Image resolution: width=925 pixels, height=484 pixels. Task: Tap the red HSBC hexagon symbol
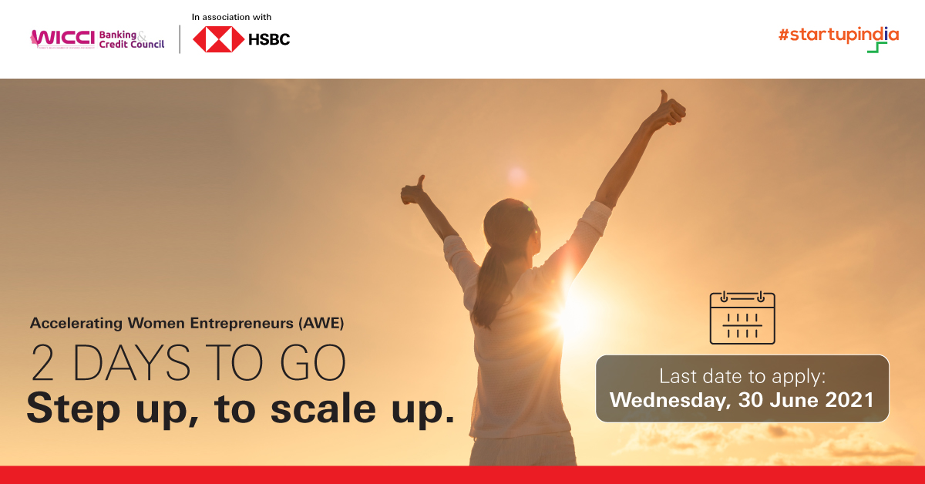pos(213,39)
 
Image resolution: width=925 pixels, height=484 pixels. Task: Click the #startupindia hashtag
pos(838,35)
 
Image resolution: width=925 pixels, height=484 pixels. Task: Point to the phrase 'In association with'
pos(231,16)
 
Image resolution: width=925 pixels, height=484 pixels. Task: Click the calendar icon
pos(742,318)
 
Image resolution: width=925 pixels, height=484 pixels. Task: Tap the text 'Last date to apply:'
pos(742,376)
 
